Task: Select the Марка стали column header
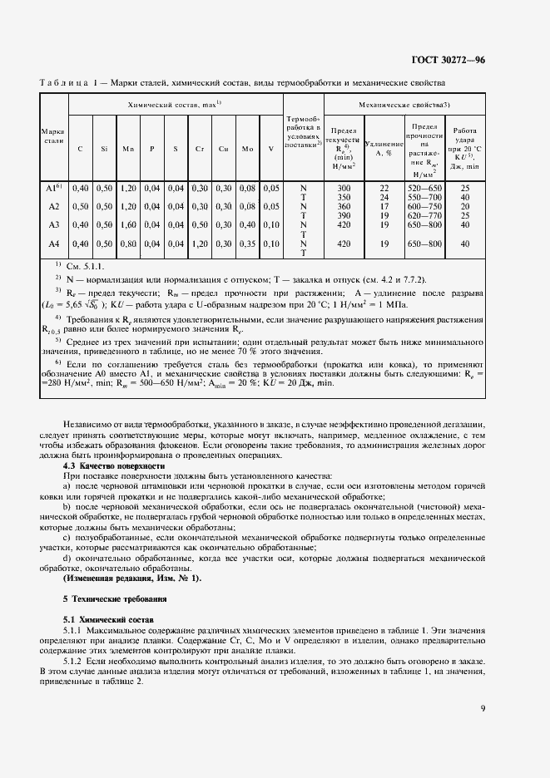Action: [x=54, y=136]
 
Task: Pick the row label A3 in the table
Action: [x=54, y=224]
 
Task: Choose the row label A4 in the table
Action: [x=54, y=244]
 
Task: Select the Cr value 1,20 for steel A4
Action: [x=200, y=244]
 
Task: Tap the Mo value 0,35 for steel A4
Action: [x=247, y=244]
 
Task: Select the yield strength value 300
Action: [x=344, y=189]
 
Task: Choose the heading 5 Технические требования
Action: [x=115, y=598]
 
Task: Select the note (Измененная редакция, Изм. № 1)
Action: [x=131, y=578]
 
